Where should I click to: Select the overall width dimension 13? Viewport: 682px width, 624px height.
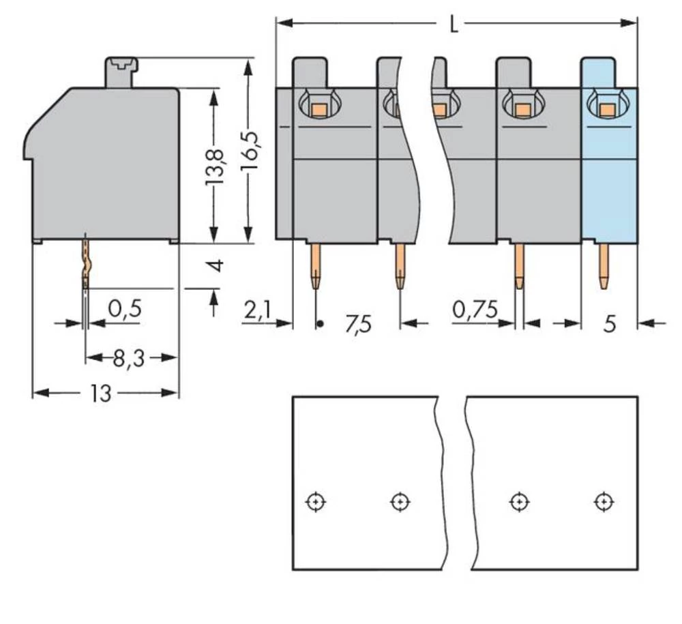[101, 393]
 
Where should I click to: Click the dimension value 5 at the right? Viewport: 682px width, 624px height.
[609, 324]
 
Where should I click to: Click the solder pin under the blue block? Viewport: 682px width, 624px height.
[604, 266]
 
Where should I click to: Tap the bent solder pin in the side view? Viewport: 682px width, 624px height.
[85, 263]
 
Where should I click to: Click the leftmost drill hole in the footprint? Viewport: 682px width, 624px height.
[315, 502]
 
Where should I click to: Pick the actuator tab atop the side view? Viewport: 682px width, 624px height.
[121, 72]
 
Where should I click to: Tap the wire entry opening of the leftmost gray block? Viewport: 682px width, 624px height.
[317, 106]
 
